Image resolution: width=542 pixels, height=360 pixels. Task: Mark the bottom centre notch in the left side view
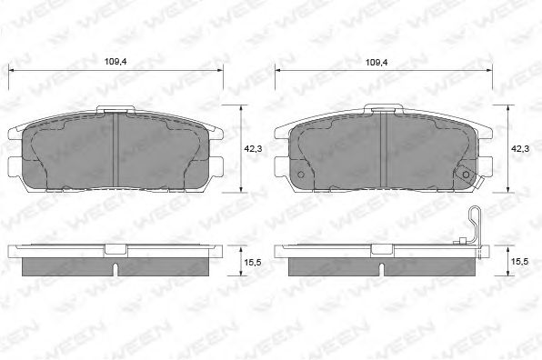click(116, 270)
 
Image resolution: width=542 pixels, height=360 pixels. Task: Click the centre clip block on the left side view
click(116, 249)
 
